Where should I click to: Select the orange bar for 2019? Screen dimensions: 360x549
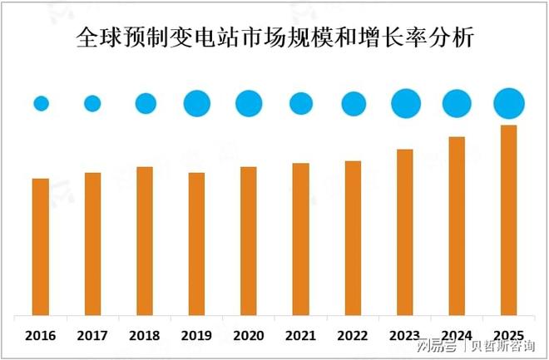(196, 244)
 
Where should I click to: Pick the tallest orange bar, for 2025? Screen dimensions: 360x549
(508, 220)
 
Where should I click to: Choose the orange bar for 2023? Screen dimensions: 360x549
(405, 233)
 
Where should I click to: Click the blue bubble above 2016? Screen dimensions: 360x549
(41, 104)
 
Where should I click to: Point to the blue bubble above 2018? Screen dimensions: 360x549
(146, 103)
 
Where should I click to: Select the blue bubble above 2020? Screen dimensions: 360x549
(249, 103)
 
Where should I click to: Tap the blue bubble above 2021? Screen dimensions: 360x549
(301, 103)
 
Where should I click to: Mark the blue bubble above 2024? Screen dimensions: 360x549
(457, 104)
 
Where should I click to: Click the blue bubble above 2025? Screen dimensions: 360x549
(508, 104)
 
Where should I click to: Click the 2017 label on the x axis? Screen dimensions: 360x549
(92, 335)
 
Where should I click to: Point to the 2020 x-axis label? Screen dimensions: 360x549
(249, 335)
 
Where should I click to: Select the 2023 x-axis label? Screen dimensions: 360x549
(405, 335)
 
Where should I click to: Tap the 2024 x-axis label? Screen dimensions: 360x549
(457, 335)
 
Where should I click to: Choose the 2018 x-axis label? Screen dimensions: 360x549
(145, 335)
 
